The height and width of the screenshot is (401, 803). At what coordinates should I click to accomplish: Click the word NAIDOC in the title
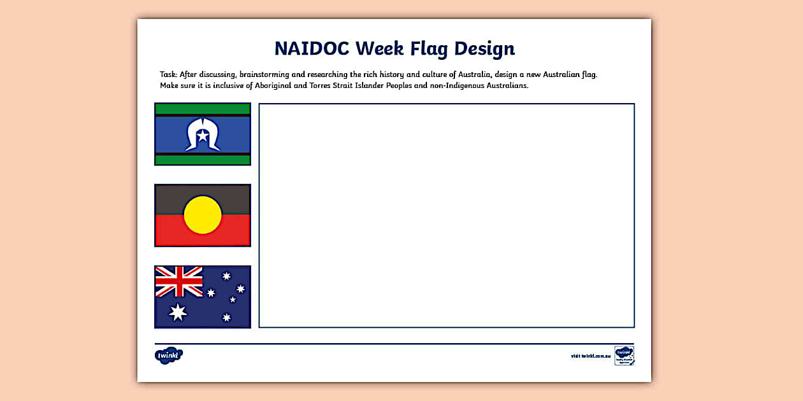click(x=312, y=49)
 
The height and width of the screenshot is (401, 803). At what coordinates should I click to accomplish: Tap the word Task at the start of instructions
click(x=168, y=74)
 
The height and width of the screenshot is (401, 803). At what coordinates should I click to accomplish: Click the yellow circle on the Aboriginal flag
click(x=203, y=215)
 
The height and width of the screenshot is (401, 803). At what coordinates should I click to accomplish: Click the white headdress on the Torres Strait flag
click(x=203, y=135)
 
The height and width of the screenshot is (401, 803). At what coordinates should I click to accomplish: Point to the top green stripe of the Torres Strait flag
click(x=203, y=108)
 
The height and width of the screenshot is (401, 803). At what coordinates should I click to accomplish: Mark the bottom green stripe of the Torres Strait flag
click(x=203, y=160)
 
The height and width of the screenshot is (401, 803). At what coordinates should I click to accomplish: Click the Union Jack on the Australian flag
click(x=179, y=281)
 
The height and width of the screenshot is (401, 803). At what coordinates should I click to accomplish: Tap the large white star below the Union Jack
click(x=177, y=312)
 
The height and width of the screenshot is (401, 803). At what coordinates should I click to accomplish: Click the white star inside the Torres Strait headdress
click(x=203, y=136)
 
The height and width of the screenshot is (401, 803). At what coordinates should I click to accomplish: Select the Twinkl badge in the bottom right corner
click(x=624, y=355)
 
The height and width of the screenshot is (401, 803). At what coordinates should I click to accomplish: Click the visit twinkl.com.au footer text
click(x=590, y=356)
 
